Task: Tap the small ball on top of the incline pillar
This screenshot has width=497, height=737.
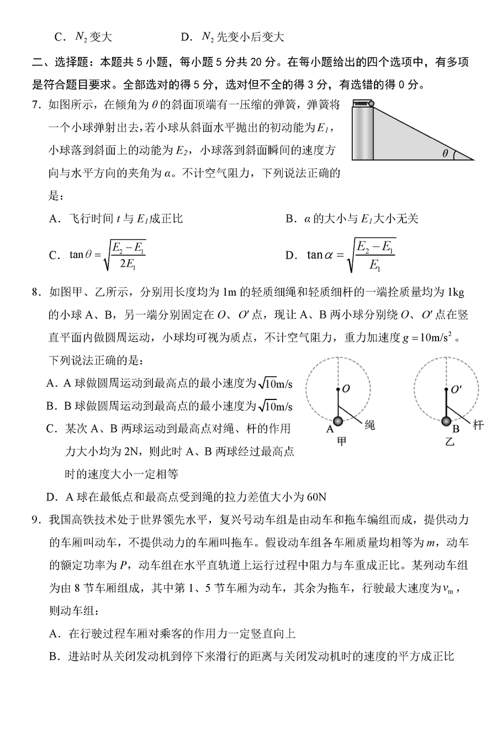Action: click(371, 103)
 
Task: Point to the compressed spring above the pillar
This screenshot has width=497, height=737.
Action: click(361, 103)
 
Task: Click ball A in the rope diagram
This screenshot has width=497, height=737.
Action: click(337, 422)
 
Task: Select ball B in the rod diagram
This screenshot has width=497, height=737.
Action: click(446, 422)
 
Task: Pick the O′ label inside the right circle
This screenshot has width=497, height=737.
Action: click(456, 389)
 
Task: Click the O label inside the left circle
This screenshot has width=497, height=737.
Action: click(346, 389)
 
